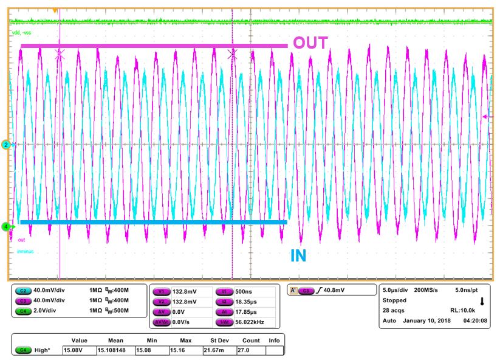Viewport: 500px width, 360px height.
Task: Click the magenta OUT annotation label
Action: coord(310,43)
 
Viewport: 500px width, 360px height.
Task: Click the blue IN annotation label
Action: coord(298,256)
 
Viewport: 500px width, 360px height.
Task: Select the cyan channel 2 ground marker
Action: coord(5,145)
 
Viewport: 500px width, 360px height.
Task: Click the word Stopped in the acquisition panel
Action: coord(394,300)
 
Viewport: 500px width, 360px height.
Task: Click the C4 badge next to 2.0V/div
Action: coord(22,311)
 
